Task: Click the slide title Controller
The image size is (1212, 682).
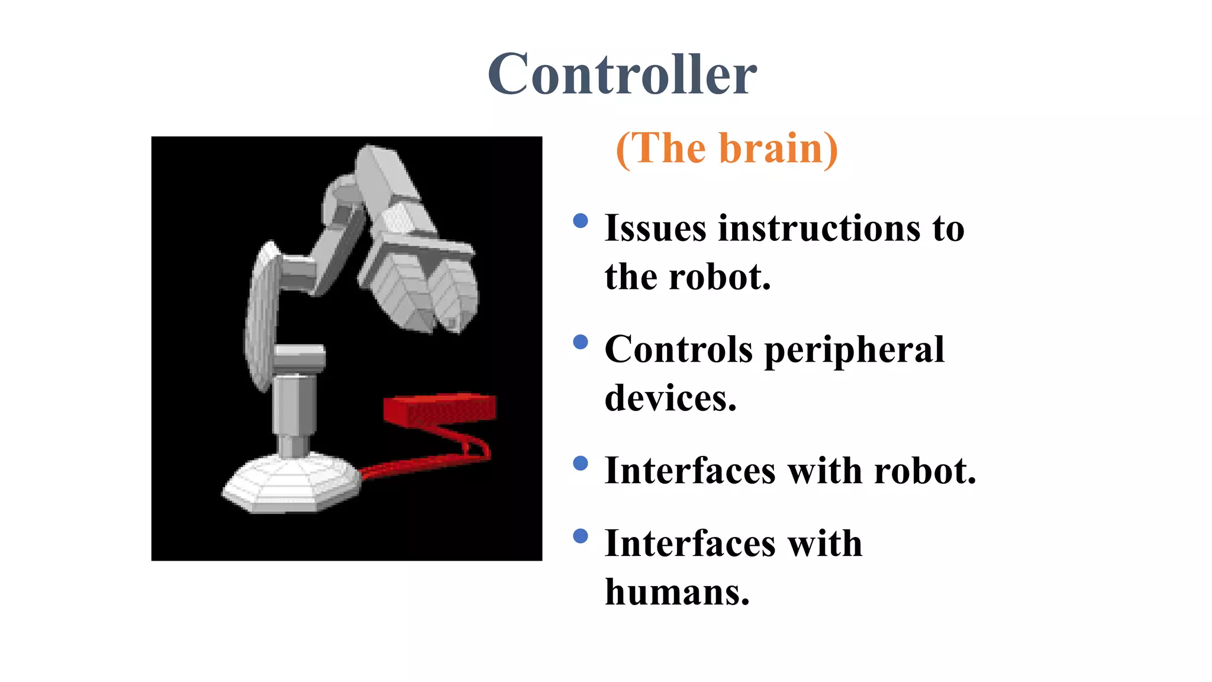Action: pos(622,75)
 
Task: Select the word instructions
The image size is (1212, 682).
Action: pos(819,229)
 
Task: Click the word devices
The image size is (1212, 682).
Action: pos(671,398)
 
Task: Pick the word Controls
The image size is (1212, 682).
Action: pos(678,349)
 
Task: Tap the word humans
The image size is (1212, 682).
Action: pos(677,592)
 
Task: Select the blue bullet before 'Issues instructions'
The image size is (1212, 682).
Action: pos(581,221)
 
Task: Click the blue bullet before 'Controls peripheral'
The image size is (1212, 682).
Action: pos(581,342)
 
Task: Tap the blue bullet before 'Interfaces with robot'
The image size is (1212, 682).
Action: pos(581,463)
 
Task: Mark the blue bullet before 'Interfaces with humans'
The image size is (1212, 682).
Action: pos(581,536)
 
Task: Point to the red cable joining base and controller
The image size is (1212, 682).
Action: pos(426,462)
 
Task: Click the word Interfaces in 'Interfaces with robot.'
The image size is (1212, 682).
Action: pos(689,471)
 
